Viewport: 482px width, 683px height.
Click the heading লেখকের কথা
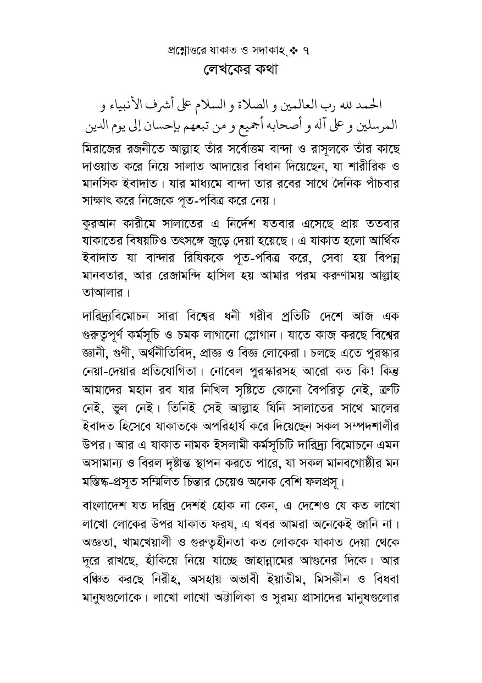pos(241,70)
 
